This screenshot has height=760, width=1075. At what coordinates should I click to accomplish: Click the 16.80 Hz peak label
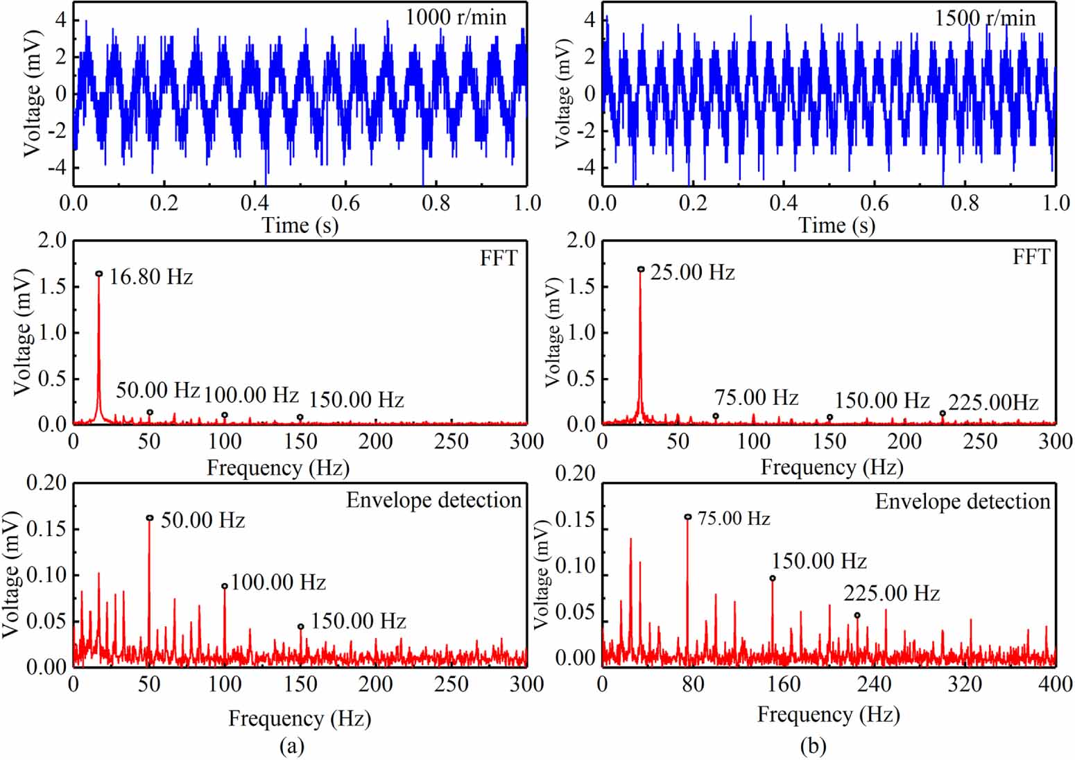(x=150, y=277)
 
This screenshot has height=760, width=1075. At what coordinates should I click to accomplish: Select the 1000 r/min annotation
(x=456, y=17)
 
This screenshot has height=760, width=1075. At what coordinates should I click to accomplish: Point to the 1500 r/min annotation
(x=985, y=17)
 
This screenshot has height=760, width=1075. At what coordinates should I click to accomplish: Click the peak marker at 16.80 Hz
(x=99, y=274)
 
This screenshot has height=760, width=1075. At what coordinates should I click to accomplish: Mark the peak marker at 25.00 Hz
(x=641, y=269)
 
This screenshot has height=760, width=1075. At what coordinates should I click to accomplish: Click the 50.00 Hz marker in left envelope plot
(x=150, y=518)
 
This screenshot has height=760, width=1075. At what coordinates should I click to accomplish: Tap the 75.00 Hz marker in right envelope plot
(x=688, y=517)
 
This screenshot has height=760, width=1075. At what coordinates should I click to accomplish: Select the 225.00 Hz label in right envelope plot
(x=891, y=594)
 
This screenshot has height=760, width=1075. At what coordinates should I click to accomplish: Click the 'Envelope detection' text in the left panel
(x=433, y=500)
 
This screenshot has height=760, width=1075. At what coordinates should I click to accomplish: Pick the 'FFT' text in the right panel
(x=1031, y=257)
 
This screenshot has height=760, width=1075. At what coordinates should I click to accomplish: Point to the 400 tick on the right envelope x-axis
(x=1056, y=684)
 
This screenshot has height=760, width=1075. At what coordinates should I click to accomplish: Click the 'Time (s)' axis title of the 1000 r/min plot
(x=300, y=225)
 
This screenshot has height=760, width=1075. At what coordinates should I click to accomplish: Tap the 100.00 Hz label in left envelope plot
(x=278, y=582)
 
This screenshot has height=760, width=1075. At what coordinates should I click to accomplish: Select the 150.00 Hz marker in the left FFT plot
(x=300, y=417)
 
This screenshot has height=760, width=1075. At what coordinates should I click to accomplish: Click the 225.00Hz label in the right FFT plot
(x=993, y=402)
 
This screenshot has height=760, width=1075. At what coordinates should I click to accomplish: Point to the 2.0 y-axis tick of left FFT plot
(x=55, y=241)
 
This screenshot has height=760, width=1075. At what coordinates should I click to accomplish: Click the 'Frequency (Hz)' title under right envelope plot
(x=828, y=714)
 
